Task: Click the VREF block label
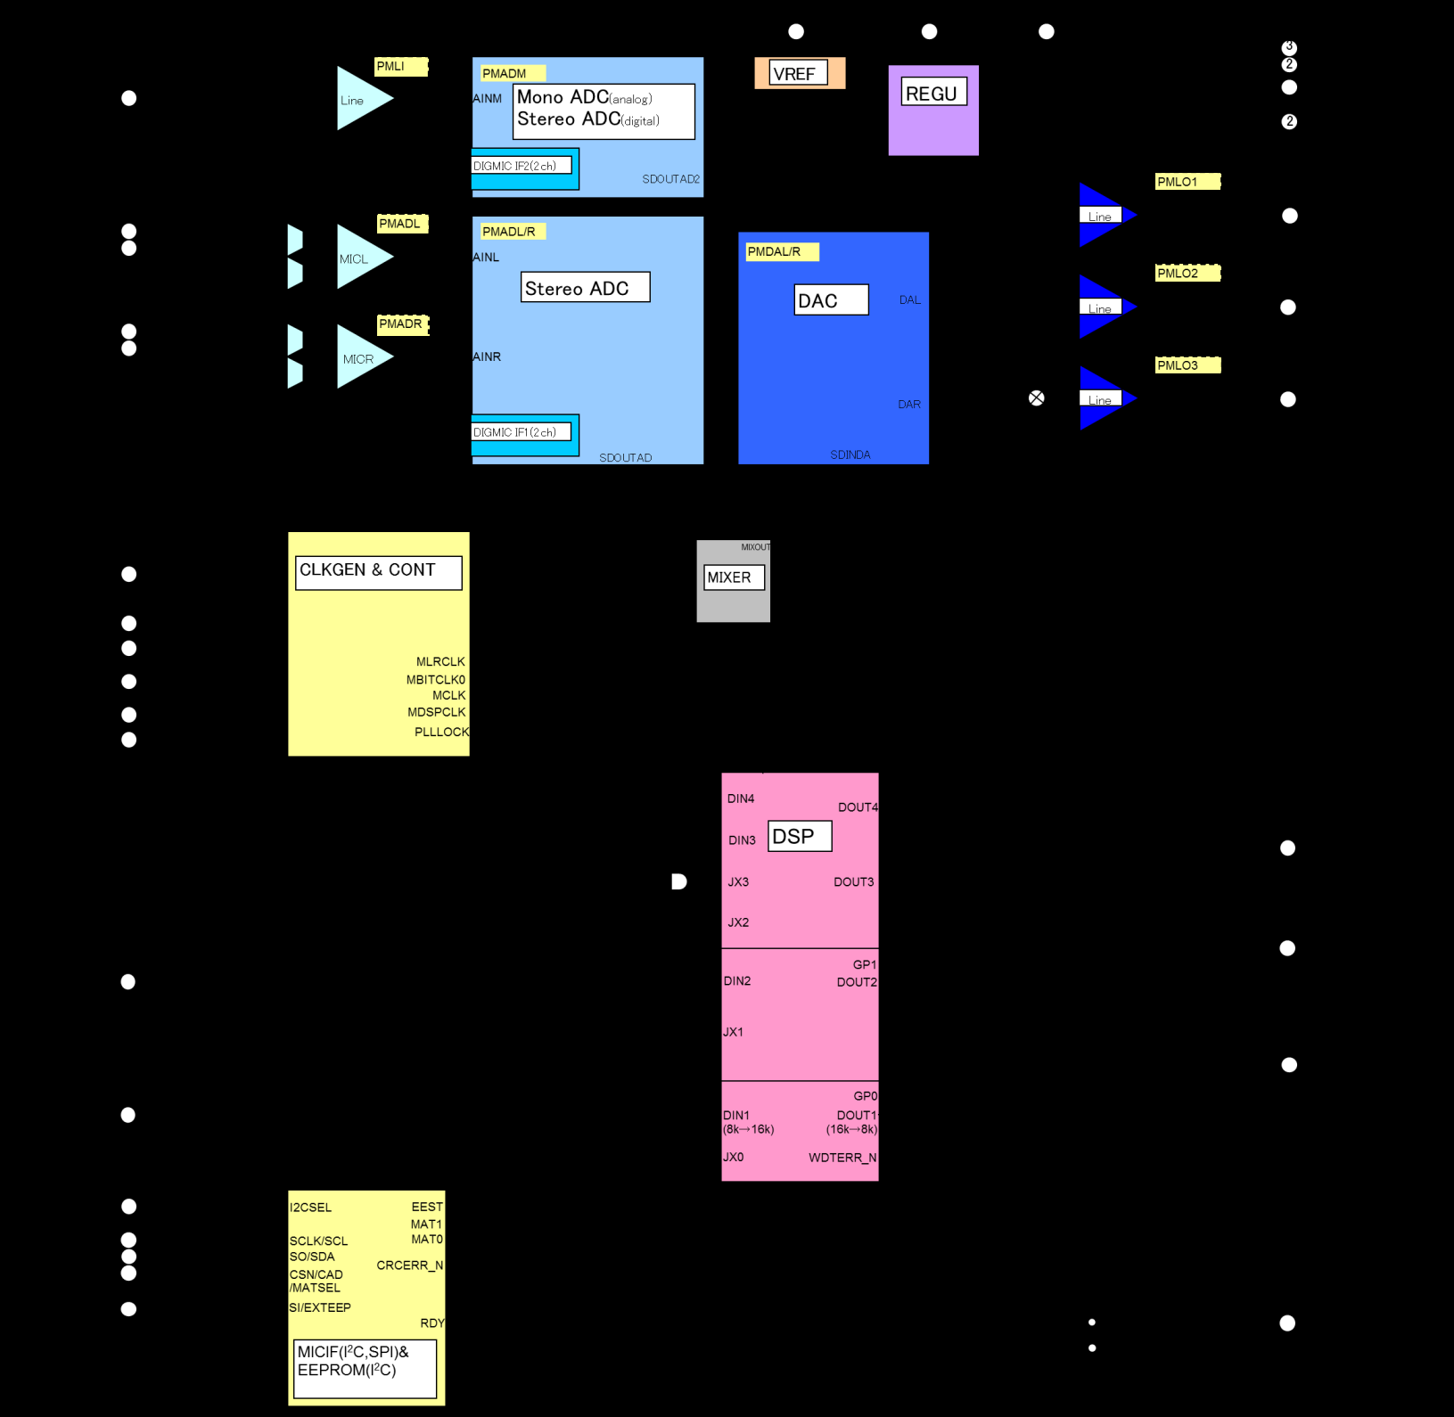[x=798, y=73]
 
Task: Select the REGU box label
[x=933, y=93]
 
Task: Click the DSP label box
[x=799, y=836]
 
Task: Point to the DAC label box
[x=831, y=300]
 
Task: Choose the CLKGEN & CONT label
[x=378, y=572]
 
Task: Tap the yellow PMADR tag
[x=402, y=324]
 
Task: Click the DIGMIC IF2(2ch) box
[x=522, y=166]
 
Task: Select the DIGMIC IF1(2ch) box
[x=522, y=432]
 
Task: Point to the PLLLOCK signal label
[x=441, y=732]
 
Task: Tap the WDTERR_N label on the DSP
[x=842, y=1158]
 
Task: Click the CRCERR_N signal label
[x=409, y=1265]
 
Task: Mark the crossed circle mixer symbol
[x=1036, y=398]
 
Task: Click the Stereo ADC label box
[x=585, y=288]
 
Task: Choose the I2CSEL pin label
[x=310, y=1208]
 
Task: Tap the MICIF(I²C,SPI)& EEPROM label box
[x=365, y=1368]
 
